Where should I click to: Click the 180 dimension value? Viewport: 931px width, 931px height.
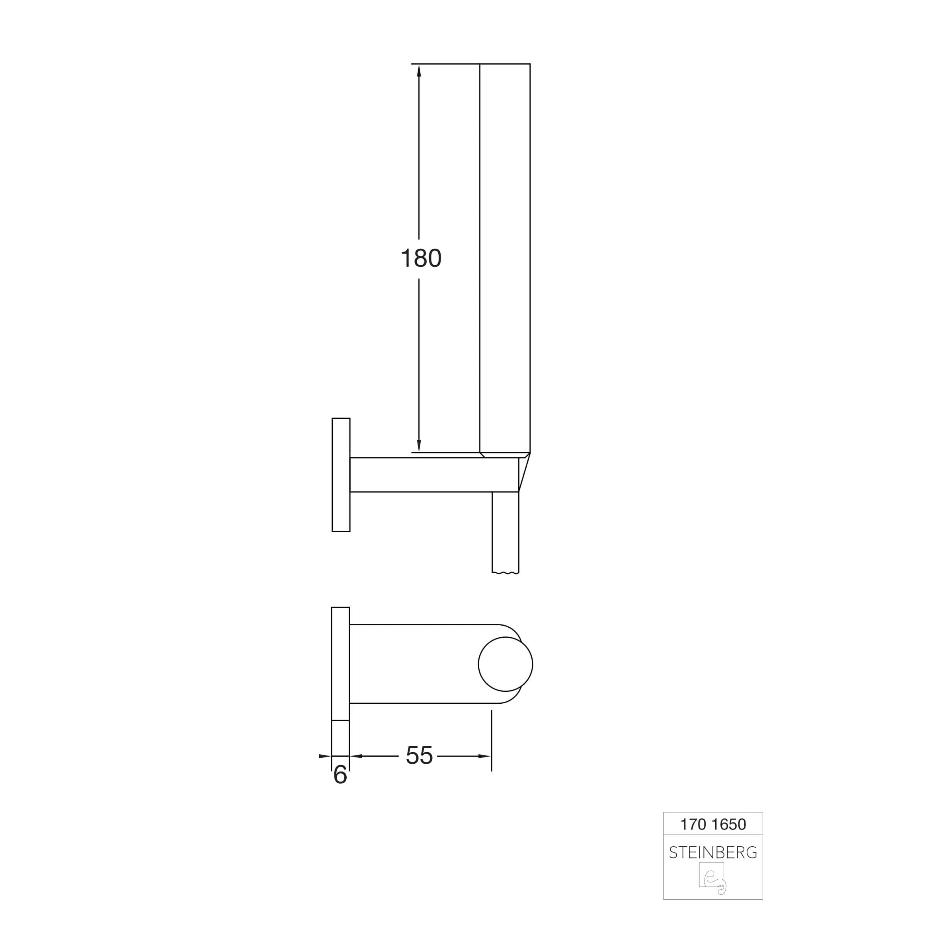421,258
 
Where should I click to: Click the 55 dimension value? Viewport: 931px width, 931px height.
419,755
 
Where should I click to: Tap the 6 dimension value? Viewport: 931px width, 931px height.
340,775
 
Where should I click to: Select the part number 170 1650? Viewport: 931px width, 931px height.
713,824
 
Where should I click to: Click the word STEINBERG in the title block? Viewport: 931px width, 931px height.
713,853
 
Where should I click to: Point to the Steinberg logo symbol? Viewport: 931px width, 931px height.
713,878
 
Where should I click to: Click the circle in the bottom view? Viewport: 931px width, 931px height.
506,664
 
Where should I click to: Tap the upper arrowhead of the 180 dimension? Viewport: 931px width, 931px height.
419,70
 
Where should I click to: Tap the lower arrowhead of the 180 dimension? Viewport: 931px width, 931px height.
419,446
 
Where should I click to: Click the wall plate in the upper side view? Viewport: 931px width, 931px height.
341,475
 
